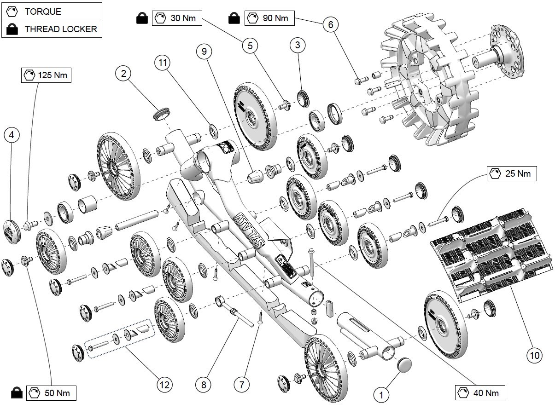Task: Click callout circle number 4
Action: click(12, 135)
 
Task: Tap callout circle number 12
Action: click(164, 384)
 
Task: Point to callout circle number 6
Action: click(330, 25)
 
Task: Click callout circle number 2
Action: click(123, 73)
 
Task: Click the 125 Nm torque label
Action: click(47, 75)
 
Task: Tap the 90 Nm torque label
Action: click(269, 18)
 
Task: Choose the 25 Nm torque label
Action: click(512, 174)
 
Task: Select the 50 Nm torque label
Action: click(51, 393)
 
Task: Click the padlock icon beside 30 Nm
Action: click(142, 19)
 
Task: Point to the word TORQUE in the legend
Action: click(42, 12)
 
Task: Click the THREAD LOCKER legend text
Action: click(60, 29)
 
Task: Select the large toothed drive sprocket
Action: click(428, 81)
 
